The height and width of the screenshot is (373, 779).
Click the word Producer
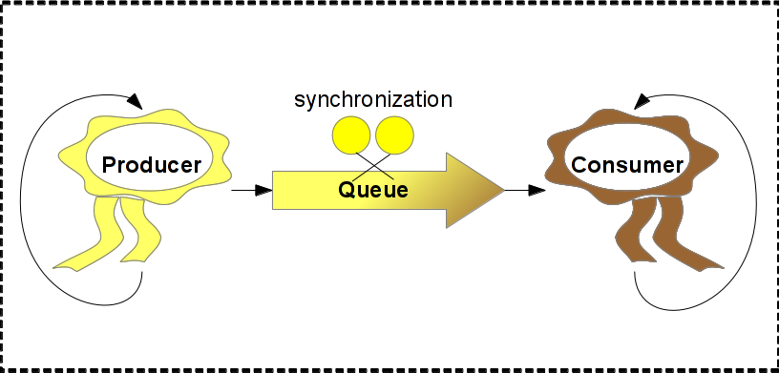click(152, 165)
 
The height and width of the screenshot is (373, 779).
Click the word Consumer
click(627, 165)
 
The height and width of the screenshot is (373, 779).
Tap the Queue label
click(373, 190)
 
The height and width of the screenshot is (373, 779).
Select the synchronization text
click(373, 99)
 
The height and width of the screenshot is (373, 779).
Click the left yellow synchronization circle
click(351, 135)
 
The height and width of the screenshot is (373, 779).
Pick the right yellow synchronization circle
click(394, 135)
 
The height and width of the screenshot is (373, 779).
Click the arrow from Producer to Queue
click(252, 190)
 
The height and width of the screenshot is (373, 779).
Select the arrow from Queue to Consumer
click(525, 190)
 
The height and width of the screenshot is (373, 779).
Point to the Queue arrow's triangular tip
click(504, 190)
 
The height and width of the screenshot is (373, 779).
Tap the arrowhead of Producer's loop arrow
click(136, 101)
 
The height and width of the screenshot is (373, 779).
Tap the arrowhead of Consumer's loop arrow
click(642, 101)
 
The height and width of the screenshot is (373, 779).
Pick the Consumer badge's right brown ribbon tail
click(684, 234)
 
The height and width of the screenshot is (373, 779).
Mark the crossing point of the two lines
click(373, 166)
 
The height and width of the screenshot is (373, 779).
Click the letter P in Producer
click(109, 165)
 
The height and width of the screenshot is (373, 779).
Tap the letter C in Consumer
click(579, 165)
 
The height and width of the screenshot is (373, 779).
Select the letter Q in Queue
click(347, 190)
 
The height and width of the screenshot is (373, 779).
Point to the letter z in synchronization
click(404, 101)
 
